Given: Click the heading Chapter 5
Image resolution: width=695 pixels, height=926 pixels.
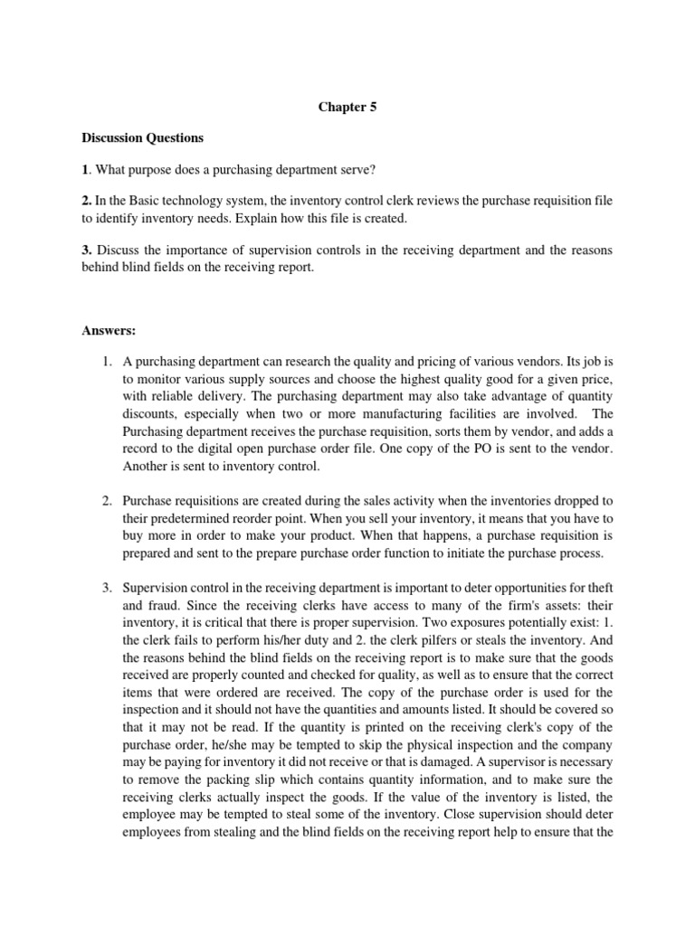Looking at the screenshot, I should [347, 107].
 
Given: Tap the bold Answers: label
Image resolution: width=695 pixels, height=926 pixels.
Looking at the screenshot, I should [109, 330].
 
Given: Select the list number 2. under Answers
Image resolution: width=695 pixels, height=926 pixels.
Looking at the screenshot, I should [106, 500].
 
